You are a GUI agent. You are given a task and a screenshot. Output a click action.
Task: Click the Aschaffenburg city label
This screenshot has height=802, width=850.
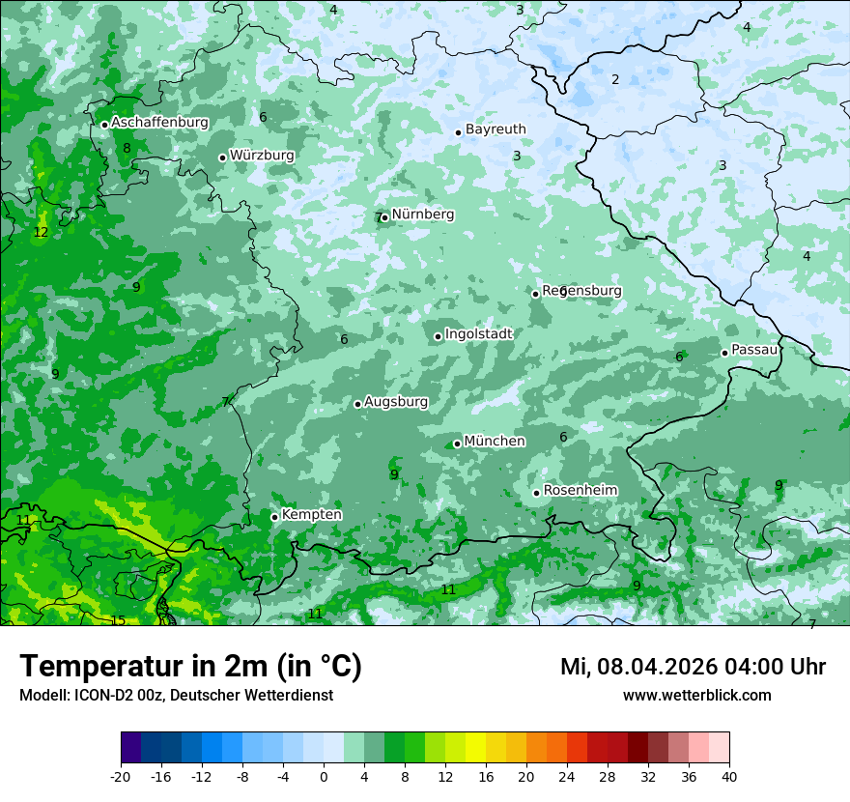point(159,123)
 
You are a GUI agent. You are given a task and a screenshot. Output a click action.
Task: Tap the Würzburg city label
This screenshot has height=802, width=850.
point(262,156)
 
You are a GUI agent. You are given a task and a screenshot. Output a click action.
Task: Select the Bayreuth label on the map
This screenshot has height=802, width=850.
point(496,129)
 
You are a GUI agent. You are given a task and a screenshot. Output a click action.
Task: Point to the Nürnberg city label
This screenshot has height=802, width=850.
point(423,215)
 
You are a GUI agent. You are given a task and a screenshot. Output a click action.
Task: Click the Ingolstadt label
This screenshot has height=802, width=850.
point(478,334)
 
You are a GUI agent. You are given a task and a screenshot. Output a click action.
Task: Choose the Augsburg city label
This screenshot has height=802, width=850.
point(396,402)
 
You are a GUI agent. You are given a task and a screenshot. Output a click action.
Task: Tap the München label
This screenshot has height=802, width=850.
point(495,442)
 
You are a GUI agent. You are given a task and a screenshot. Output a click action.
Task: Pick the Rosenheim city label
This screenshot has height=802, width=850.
point(580,491)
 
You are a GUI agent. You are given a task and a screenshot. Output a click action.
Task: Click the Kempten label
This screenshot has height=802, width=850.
point(311,515)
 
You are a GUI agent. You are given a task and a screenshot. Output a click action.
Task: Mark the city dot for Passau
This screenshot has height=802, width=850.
point(724,353)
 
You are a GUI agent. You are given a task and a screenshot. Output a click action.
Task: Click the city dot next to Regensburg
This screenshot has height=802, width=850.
point(535,294)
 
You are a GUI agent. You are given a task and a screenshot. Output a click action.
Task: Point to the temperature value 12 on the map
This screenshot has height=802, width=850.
point(41,233)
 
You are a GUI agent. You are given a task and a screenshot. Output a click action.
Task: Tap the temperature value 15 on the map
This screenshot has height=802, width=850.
point(118,620)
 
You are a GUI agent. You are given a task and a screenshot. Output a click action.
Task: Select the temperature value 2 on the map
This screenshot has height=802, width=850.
point(615,79)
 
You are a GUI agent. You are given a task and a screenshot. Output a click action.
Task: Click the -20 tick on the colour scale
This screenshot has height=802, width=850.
point(121,777)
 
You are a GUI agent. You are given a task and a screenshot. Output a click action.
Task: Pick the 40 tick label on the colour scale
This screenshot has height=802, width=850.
point(729,777)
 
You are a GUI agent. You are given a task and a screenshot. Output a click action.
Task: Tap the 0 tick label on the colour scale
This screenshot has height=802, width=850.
point(324,777)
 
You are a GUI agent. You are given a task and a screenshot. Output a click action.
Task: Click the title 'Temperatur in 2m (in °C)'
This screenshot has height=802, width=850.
point(190,667)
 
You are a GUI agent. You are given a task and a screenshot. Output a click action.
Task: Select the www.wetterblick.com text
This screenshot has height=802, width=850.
point(696,696)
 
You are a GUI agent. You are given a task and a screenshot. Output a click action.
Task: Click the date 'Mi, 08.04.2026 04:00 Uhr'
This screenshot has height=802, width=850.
point(693,667)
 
